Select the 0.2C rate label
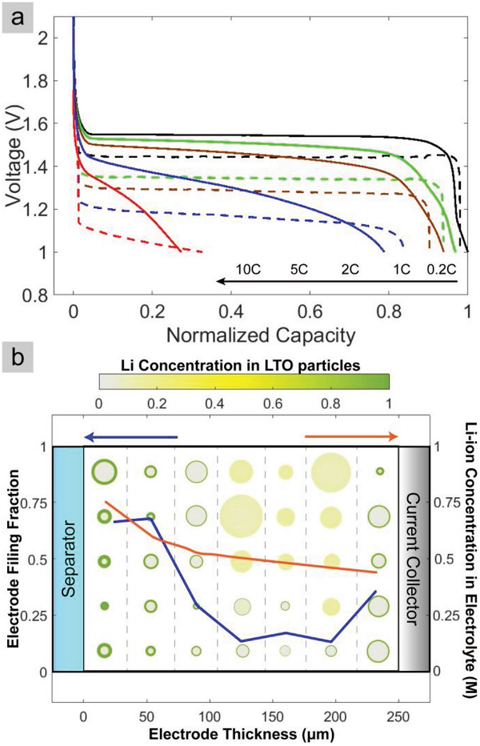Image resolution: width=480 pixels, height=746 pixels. [443, 270]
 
